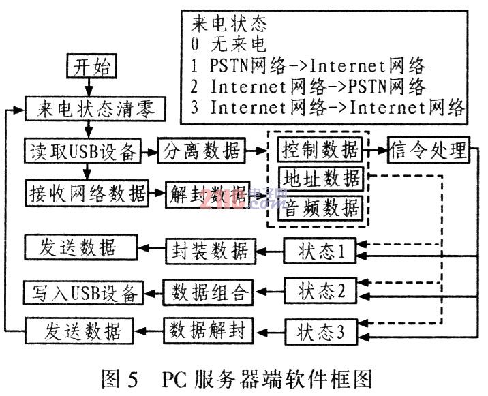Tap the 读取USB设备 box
click(x=81, y=150)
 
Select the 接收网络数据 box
click(x=88, y=194)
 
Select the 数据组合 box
click(x=209, y=292)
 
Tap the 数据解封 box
click(x=209, y=332)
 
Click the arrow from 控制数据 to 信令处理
click(x=377, y=149)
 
